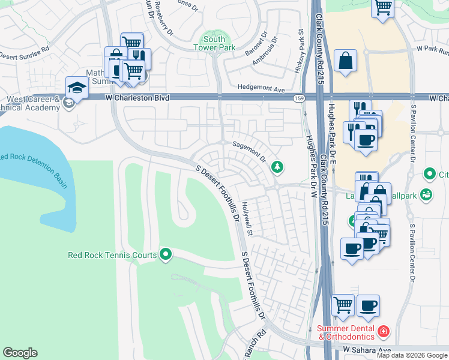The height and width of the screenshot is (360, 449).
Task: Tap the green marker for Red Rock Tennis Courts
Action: (166, 255)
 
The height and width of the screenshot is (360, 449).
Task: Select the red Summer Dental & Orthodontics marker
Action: (384, 331)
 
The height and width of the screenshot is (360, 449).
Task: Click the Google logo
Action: (20, 353)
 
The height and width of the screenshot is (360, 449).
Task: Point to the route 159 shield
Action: (298, 98)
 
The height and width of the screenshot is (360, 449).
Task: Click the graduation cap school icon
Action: (77, 88)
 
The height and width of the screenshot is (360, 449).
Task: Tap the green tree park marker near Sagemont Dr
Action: (277, 166)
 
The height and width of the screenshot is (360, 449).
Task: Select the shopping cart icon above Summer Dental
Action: (343, 305)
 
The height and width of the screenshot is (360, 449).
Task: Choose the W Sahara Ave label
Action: (367, 349)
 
